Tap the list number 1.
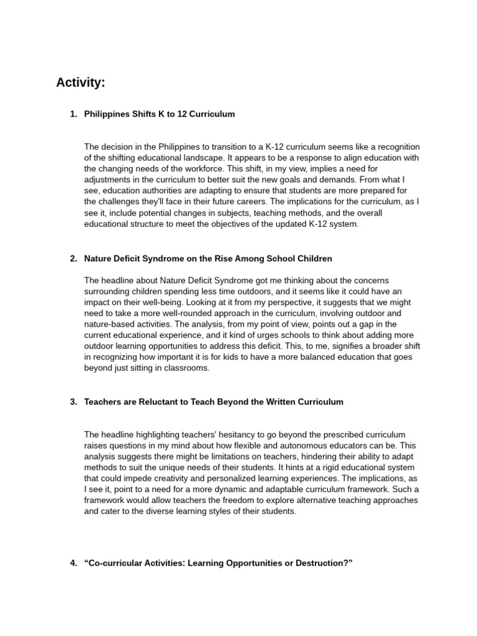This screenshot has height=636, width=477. [73, 114]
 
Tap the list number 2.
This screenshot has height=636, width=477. [73, 258]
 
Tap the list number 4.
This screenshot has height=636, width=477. [73, 563]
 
